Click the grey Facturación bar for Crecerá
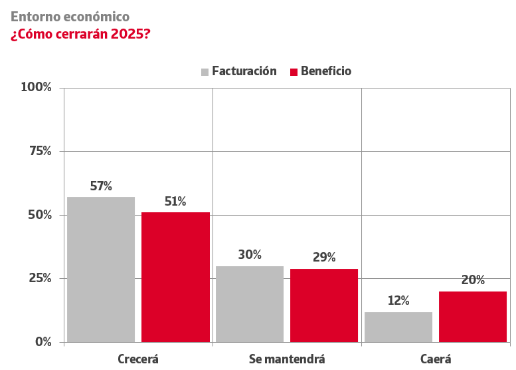tap(101, 270)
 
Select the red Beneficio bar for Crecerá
tap(175, 277)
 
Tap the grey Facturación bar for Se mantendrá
tap(250, 304)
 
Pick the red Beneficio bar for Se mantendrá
tap(324, 305)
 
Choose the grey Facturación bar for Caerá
tap(398, 327)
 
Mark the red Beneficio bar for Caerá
tap(473, 317)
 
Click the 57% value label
tap(101, 186)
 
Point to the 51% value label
tap(175, 202)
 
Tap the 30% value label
tap(250, 255)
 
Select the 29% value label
tap(324, 258)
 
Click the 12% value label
tap(398, 301)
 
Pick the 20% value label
tap(473, 280)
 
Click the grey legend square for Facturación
tap(205, 72)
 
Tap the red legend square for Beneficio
tap(294, 72)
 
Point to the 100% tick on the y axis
tap(36, 87)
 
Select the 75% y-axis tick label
tap(40, 151)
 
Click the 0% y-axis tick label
tap(43, 341)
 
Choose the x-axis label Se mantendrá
tap(287, 359)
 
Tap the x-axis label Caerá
tap(436, 359)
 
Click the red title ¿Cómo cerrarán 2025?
tap(80, 34)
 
